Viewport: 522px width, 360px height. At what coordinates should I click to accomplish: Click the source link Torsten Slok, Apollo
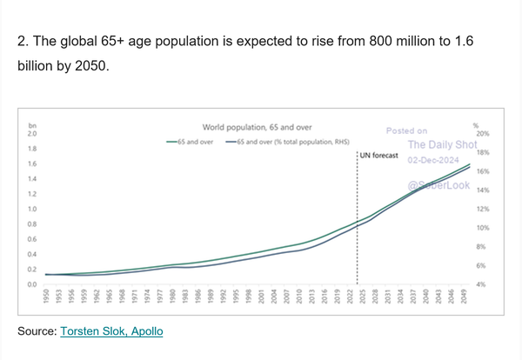tap(111, 331)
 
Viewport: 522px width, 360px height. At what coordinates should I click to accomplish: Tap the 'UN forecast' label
tap(378, 156)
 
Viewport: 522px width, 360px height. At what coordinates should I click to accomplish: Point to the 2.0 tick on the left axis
tap(32, 134)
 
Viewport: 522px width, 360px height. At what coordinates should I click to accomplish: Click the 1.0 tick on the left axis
tap(32, 210)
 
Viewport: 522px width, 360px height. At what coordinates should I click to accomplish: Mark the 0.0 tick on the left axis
tap(32, 284)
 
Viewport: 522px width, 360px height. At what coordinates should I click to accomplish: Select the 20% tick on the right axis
tap(479, 134)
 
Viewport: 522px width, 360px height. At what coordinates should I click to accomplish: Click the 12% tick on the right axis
tap(479, 210)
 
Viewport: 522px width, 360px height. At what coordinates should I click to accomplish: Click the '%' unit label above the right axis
tap(476, 125)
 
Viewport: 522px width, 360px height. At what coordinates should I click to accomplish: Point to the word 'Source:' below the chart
tap(37, 331)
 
